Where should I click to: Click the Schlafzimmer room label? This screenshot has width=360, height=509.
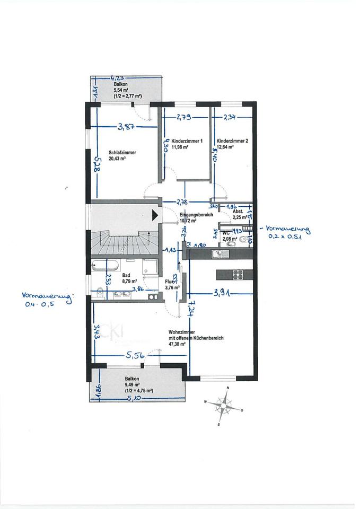pyautogui.click(x=122, y=152)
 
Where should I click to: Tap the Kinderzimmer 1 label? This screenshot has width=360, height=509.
pyautogui.click(x=187, y=142)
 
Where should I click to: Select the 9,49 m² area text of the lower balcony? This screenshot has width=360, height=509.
pyautogui.click(x=132, y=385)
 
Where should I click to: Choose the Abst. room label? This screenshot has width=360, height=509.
pyautogui.click(x=238, y=211)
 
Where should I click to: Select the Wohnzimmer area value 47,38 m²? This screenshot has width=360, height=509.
pyautogui.click(x=178, y=344)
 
